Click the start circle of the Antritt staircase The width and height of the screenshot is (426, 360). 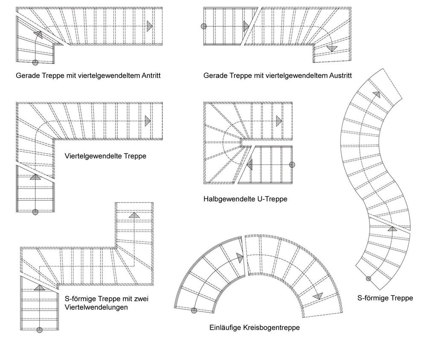point(35,62)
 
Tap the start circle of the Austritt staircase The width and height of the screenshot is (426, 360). point(204,26)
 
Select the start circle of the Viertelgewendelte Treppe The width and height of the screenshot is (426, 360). point(35,211)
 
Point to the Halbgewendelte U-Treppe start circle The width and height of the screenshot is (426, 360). point(292,165)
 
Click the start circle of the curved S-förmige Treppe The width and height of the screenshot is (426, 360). point(368,279)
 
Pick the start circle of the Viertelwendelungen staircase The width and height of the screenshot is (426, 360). point(40,330)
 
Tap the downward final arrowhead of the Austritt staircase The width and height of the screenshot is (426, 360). point(331,49)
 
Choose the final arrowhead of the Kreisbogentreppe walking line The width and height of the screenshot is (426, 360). point(317,296)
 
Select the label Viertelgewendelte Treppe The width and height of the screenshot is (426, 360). point(105,156)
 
